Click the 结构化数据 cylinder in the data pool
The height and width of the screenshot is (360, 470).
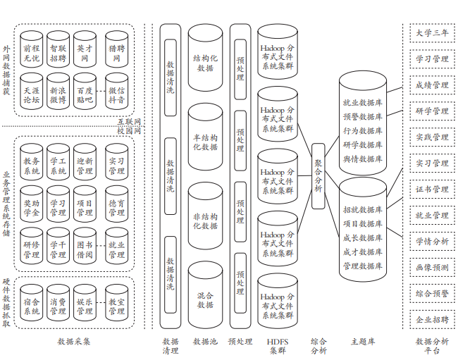(205, 63)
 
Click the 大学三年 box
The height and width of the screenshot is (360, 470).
(431, 33)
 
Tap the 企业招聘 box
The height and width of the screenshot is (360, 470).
(431, 319)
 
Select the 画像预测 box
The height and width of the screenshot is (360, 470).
(431, 267)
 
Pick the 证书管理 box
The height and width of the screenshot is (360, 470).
(431, 189)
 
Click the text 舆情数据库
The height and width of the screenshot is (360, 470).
(362, 159)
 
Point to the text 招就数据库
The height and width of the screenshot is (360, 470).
(362, 210)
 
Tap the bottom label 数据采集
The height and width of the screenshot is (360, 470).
(74, 342)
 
